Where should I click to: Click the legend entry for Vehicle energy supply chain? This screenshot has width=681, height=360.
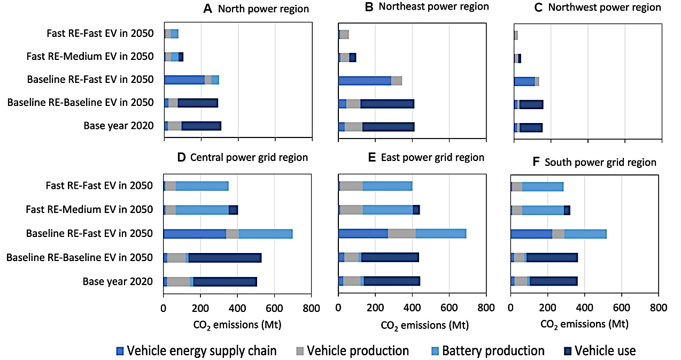point(202,351)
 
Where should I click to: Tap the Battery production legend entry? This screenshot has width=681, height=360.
point(493,351)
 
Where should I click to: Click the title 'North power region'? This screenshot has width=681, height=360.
point(264,9)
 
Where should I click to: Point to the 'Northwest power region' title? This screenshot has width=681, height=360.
point(605,7)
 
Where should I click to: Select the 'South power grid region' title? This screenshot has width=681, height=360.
point(600,162)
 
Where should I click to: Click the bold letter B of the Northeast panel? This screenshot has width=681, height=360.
point(369,7)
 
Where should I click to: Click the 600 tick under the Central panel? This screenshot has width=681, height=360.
point(274,308)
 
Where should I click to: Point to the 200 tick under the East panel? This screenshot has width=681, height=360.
point(375,308)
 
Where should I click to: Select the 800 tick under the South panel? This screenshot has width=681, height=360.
point(658,308)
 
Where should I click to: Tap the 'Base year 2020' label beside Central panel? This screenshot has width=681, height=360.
point(118,282)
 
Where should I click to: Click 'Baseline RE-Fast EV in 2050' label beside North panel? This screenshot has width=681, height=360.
point(90,80)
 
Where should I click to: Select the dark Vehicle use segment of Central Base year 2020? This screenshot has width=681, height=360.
point(225,282)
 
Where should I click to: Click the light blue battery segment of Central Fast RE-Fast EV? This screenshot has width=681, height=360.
point(202,186)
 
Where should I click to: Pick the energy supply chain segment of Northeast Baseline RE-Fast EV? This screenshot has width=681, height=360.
point(365,80)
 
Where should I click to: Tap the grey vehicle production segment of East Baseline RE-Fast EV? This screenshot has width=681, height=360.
point(401,233)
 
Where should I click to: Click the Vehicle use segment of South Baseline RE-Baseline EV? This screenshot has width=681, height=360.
point(552,257)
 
